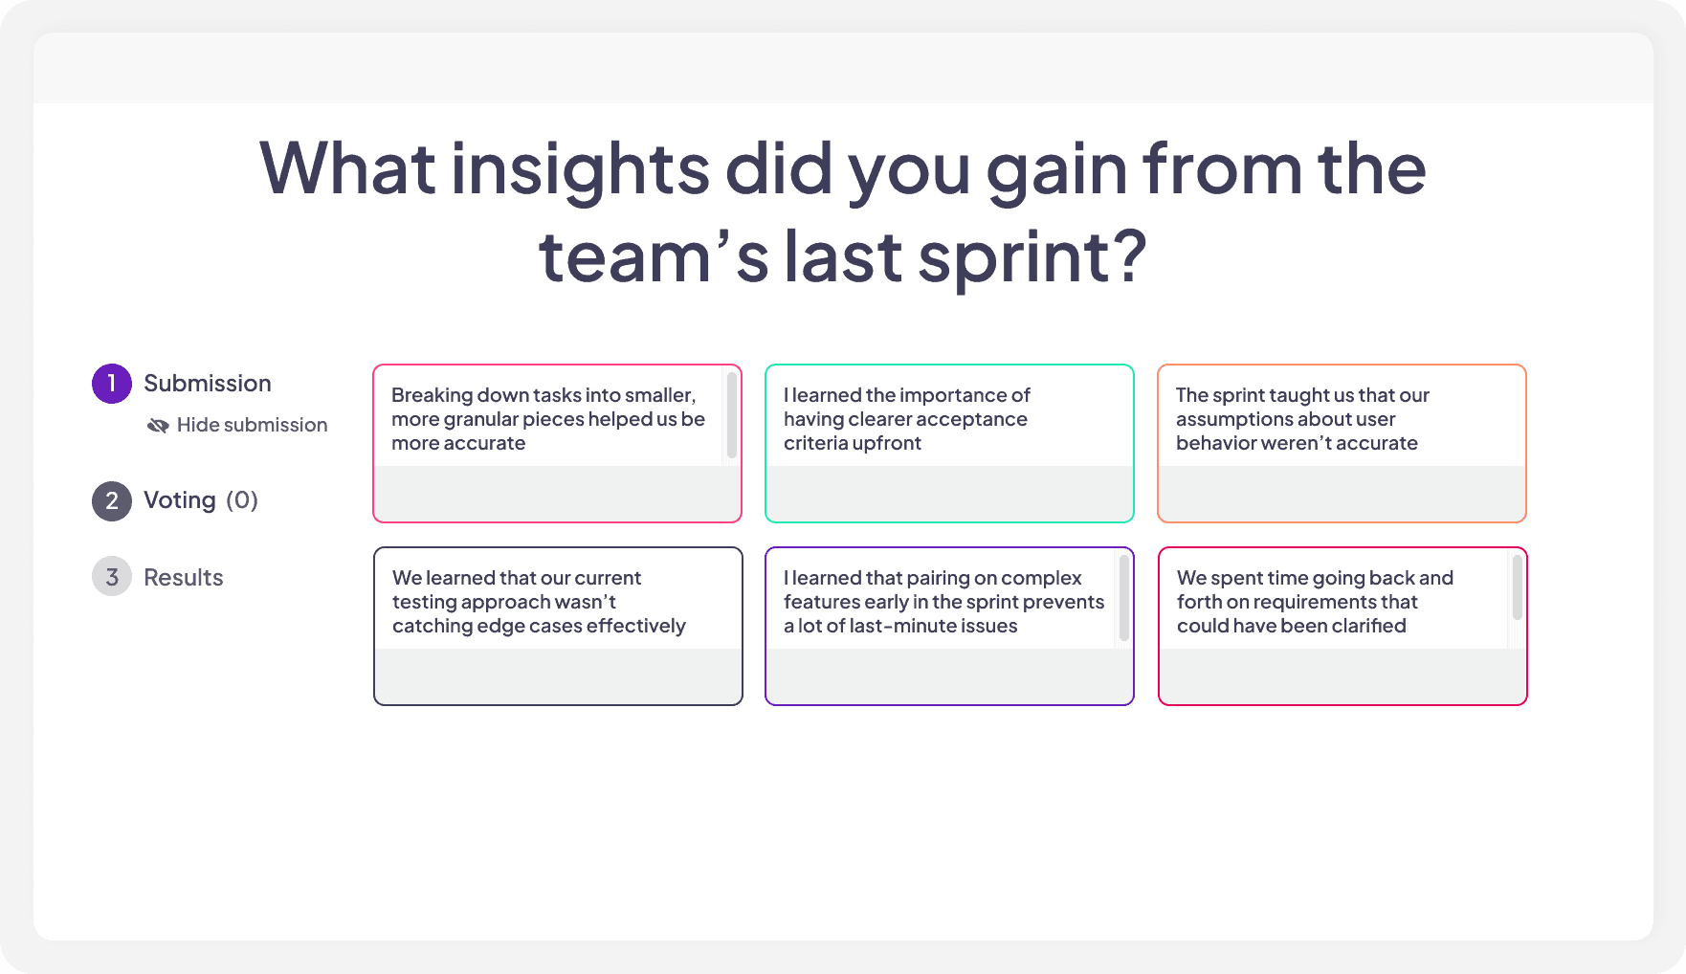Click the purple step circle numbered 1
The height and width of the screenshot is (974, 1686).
(112, 384)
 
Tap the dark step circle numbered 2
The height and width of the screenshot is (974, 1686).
(112, 500)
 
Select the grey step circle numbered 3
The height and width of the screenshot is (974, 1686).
(112, 577)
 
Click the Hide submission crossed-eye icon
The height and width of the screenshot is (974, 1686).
(158, 425)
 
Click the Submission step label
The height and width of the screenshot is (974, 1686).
(207, 384)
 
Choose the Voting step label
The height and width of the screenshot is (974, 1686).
(179, 500)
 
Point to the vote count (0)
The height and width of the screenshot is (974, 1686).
(242, 500)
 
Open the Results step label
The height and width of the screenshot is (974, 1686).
(183, 578)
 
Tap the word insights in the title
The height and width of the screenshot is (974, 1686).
(579, 169)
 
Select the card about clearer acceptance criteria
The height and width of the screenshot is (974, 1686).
(949, 444)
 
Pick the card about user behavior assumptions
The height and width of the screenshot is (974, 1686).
(1342, 444)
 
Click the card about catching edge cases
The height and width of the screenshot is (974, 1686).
(558, 627)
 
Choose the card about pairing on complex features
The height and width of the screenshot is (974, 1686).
(949, 627)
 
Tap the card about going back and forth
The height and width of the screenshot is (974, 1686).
(1342, 627)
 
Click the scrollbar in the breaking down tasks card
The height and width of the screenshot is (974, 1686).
(732, 415)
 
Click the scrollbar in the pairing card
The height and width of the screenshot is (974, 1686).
(1124, 598)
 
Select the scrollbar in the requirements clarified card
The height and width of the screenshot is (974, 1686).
(1518, 587)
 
